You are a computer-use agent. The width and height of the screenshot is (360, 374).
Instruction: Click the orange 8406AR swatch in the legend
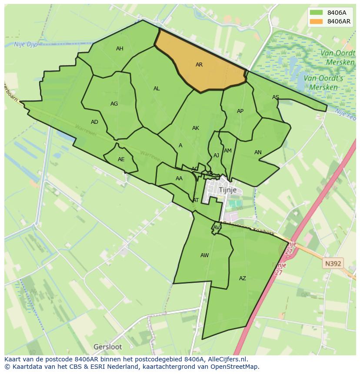(317, 21)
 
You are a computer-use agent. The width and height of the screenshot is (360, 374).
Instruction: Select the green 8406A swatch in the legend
(317, 13)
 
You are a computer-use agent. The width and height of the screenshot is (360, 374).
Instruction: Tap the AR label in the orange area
(199, 65)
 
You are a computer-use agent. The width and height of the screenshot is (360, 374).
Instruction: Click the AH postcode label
(120, 49)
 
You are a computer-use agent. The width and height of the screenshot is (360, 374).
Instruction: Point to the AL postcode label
(157, 89)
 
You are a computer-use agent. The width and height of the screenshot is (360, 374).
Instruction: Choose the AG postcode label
(114, 104)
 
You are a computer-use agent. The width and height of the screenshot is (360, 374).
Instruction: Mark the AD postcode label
(94, 122)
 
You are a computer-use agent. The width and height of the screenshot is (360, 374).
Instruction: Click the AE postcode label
(121, 159)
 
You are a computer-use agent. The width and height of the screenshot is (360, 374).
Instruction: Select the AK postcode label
(196, 128)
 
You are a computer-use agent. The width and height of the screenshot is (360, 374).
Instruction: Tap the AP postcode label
(240, 111)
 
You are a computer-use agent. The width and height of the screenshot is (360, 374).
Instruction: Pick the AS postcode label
(276, 97)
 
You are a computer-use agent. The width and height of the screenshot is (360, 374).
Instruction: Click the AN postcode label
(258, 152)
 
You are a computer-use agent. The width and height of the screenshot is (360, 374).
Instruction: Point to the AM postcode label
(228, 151)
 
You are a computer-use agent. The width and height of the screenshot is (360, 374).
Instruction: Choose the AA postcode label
(179, 179)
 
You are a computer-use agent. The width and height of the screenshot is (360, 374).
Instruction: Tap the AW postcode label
(204, 255)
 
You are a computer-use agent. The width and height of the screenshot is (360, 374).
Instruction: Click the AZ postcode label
(243, 278)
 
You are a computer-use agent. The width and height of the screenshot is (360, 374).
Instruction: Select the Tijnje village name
(228, 190)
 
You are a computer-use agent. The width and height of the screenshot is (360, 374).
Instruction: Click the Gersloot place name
(108, 347)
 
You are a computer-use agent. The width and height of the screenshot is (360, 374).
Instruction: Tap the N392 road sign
(333, 263)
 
